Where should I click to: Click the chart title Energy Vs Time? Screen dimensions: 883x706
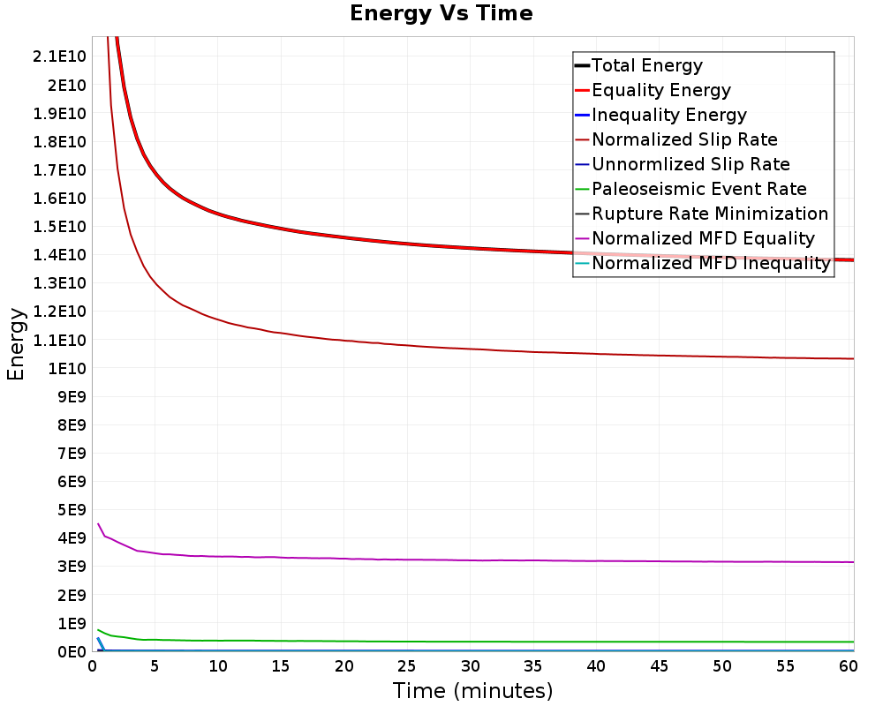click(x=441, y=13)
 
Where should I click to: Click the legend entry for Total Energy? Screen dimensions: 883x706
click(x=647, y=65)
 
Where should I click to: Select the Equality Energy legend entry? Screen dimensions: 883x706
click(x=661, y=90)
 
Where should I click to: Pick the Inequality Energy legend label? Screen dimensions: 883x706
click(x=669, y=115)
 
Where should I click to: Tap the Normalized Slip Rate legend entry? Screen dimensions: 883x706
click(x=684, y=139)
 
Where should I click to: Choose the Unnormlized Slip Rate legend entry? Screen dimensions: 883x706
click(x=691, y=164)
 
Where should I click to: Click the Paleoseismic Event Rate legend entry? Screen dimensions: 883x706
click(x=698, y=189)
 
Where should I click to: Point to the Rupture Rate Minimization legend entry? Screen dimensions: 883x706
click(x=710, y=214)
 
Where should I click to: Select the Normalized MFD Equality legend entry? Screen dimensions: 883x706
click(x=704, y=238)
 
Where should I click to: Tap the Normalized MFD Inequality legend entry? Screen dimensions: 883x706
click(x=711, y=264)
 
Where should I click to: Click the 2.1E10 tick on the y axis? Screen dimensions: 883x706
click(x=59, y=56)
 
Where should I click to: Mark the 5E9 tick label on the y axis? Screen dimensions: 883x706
click(x=72, y=510)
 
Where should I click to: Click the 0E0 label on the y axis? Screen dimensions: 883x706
click(x=72, y=652)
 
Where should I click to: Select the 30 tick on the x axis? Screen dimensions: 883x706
click(x=471, y=666)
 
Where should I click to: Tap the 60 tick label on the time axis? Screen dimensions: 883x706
click(x=848, y=666)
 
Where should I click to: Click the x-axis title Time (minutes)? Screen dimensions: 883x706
click(x=472, y=691)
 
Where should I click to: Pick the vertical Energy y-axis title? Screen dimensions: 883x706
click(x=16, y=344)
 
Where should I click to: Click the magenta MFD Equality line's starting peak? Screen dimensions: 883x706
click(x=99, y=524)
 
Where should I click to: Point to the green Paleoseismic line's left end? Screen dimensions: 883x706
click(x=98, y=630)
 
